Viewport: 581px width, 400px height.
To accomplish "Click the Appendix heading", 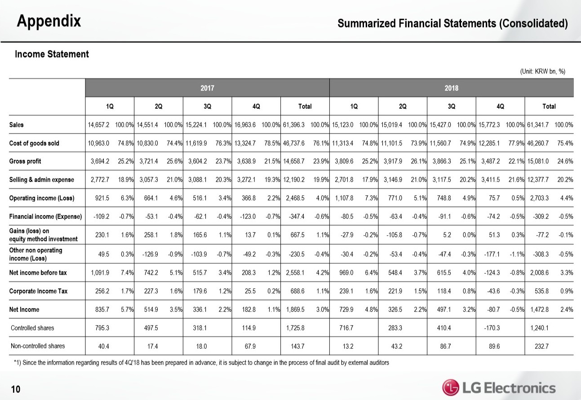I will coord(49,21).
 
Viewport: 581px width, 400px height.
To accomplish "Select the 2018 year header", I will coord(451,88).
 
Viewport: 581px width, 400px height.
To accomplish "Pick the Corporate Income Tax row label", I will coord(38,291).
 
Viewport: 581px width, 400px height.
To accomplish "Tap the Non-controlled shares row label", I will coord(37,346).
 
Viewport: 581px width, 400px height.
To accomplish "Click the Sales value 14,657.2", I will coord(97,125).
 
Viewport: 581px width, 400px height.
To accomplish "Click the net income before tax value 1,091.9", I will coord(97,272).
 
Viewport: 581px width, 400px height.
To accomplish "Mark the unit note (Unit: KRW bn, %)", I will coord(542,71).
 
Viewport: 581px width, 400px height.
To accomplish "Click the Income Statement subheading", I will coord(52,54).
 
